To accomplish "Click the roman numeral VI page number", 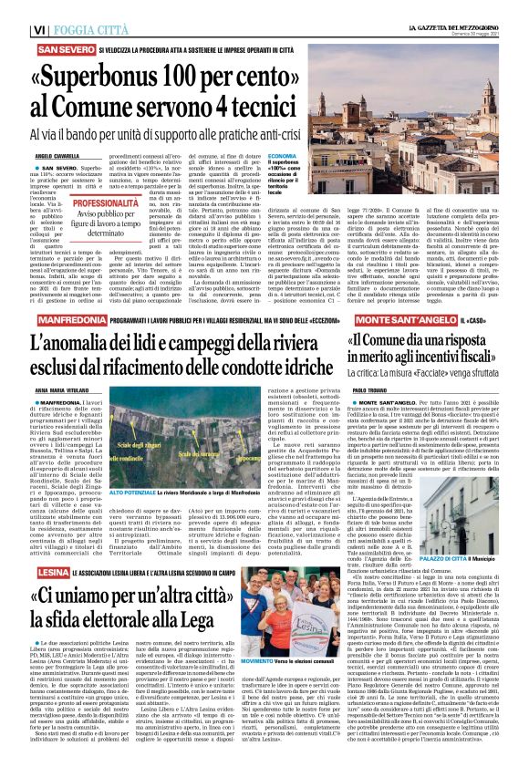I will point(13,11).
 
